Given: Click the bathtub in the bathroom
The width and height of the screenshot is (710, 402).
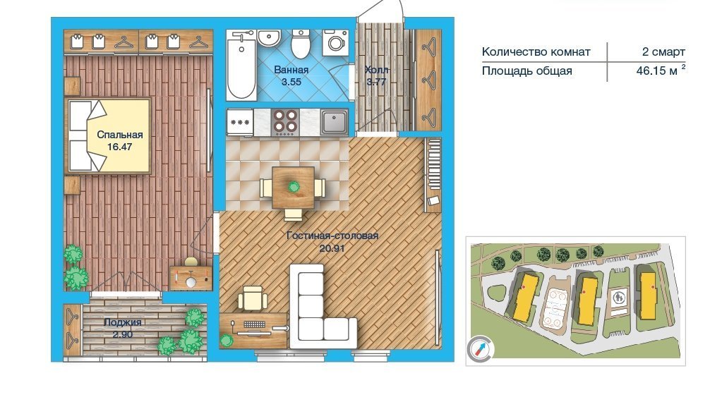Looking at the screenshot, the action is tap(241, 65).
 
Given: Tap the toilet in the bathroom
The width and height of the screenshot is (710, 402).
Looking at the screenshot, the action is tap(300, 44).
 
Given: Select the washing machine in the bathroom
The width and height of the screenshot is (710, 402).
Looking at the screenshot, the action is tap(335, 43).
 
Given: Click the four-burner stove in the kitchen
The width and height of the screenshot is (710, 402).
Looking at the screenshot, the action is tap(285, 122).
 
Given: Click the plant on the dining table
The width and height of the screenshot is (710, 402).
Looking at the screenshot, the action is tap(294, 186).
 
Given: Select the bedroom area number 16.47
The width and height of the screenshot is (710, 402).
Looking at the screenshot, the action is tap(119, 147).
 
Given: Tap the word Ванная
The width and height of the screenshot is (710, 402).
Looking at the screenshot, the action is tap(291, 70).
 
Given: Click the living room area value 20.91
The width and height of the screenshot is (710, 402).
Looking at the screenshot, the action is tap(332, 248).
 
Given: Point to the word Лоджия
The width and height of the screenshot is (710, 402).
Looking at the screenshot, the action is tap(123, 322).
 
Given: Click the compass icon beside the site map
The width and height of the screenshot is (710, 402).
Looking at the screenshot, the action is tap(480, 349).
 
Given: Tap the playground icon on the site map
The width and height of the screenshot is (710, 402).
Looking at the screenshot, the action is tap(619, 298).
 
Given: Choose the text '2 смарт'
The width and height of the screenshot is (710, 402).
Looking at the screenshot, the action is tap(663, 51).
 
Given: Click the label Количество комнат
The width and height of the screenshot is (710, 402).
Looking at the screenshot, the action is tap(536, 51).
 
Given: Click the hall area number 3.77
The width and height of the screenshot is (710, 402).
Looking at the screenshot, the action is tap(376, 82).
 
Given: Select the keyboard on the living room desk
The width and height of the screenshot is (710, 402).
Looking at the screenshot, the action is tap(255, 324).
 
